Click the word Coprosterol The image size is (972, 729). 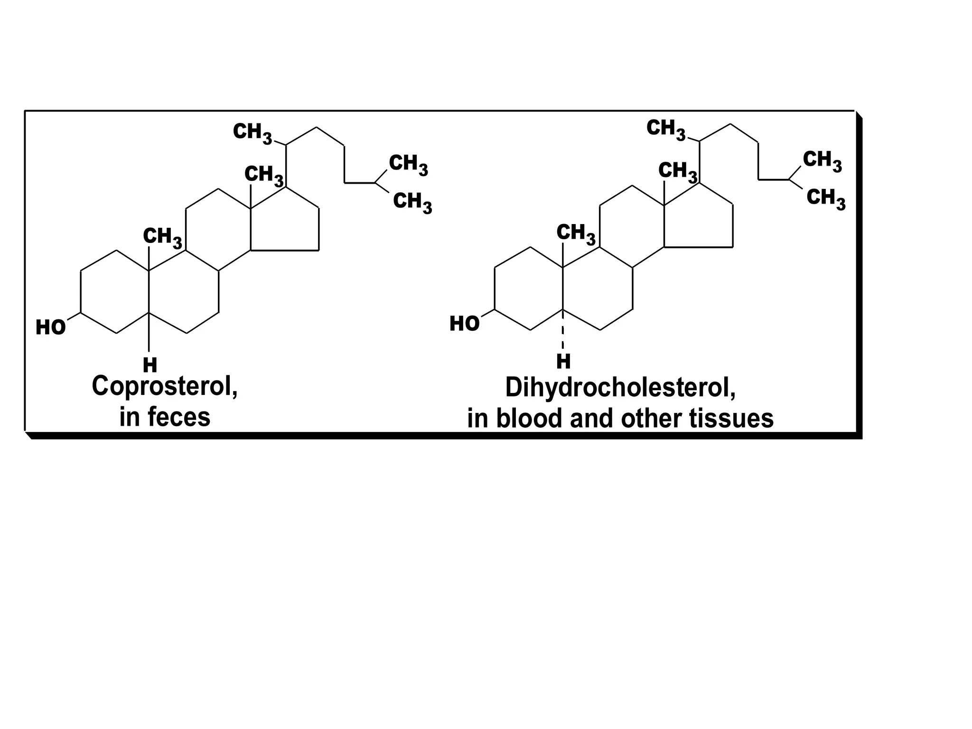coord(164,386)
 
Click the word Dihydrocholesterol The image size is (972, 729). coord(620,388)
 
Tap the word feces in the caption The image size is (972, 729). coord(178,417)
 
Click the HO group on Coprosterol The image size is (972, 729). coord(51,327)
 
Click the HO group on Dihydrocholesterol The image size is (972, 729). coord(464,324)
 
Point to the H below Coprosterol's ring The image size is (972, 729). coord(150,365)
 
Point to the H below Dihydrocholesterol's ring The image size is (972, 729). coord(563,362)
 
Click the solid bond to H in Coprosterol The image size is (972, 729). coord(149,332)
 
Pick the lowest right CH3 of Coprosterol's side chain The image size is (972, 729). coord(412,202)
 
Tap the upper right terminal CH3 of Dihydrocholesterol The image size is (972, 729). coord(822,160)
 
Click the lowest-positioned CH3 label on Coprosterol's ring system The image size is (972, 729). coord(162,237)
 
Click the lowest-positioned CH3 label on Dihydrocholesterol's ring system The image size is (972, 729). coord(575,234)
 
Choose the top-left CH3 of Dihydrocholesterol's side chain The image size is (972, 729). coord(665,129)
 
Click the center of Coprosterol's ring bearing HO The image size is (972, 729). coord(115,292)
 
